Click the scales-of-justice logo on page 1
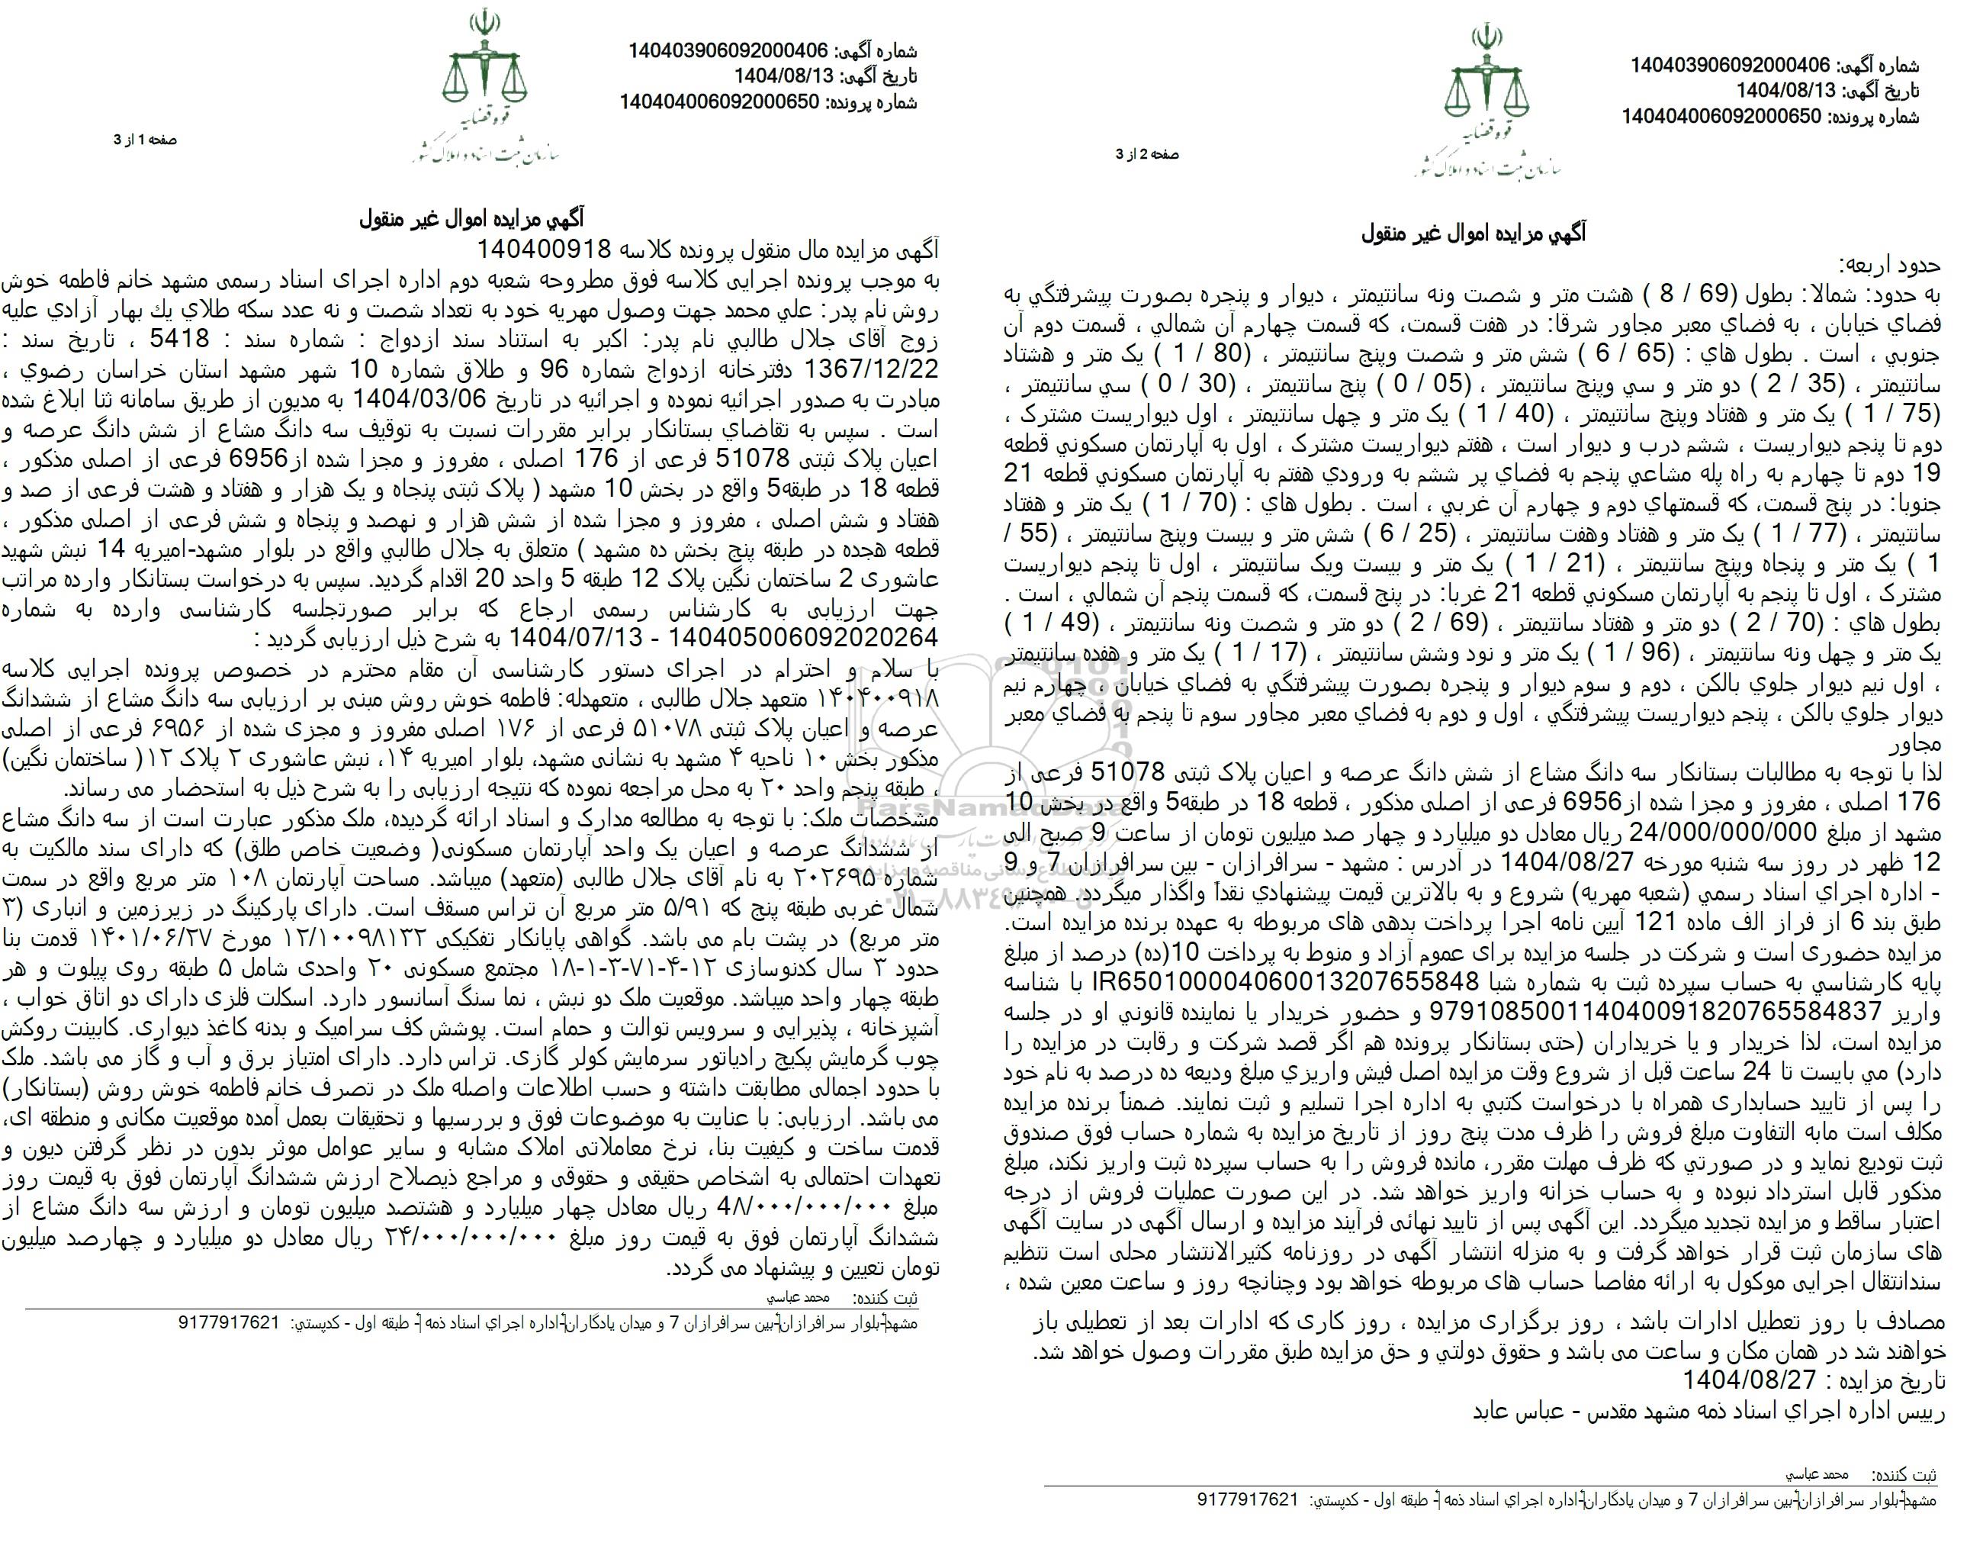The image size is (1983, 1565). (x=485, y=69)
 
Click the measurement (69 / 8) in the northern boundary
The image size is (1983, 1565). (x=1731, y=295)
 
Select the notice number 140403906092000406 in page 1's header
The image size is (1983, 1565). (x=728, y=51)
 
